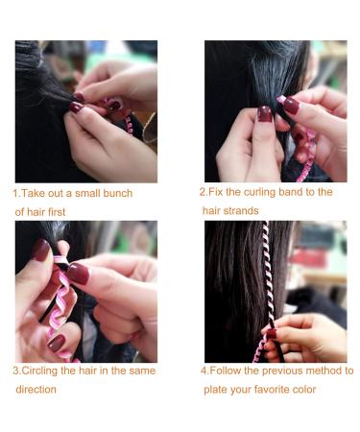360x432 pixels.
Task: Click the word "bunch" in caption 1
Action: pyautogui.click(x=117, y=194)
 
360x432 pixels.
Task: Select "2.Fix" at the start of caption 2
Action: pyautogui.click(x=212, y=192)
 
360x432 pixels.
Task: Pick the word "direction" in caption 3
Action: pyautogui.click(x=36, y=390)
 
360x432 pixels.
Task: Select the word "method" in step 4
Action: pyautogui.click(x=324, y=371)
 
